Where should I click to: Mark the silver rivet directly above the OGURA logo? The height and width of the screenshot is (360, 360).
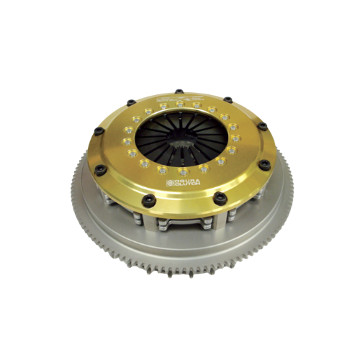pyautogui.click(x=184, y=172)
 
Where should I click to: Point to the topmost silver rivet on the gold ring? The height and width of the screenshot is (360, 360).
pyautogui.click(x=179, y=102)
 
